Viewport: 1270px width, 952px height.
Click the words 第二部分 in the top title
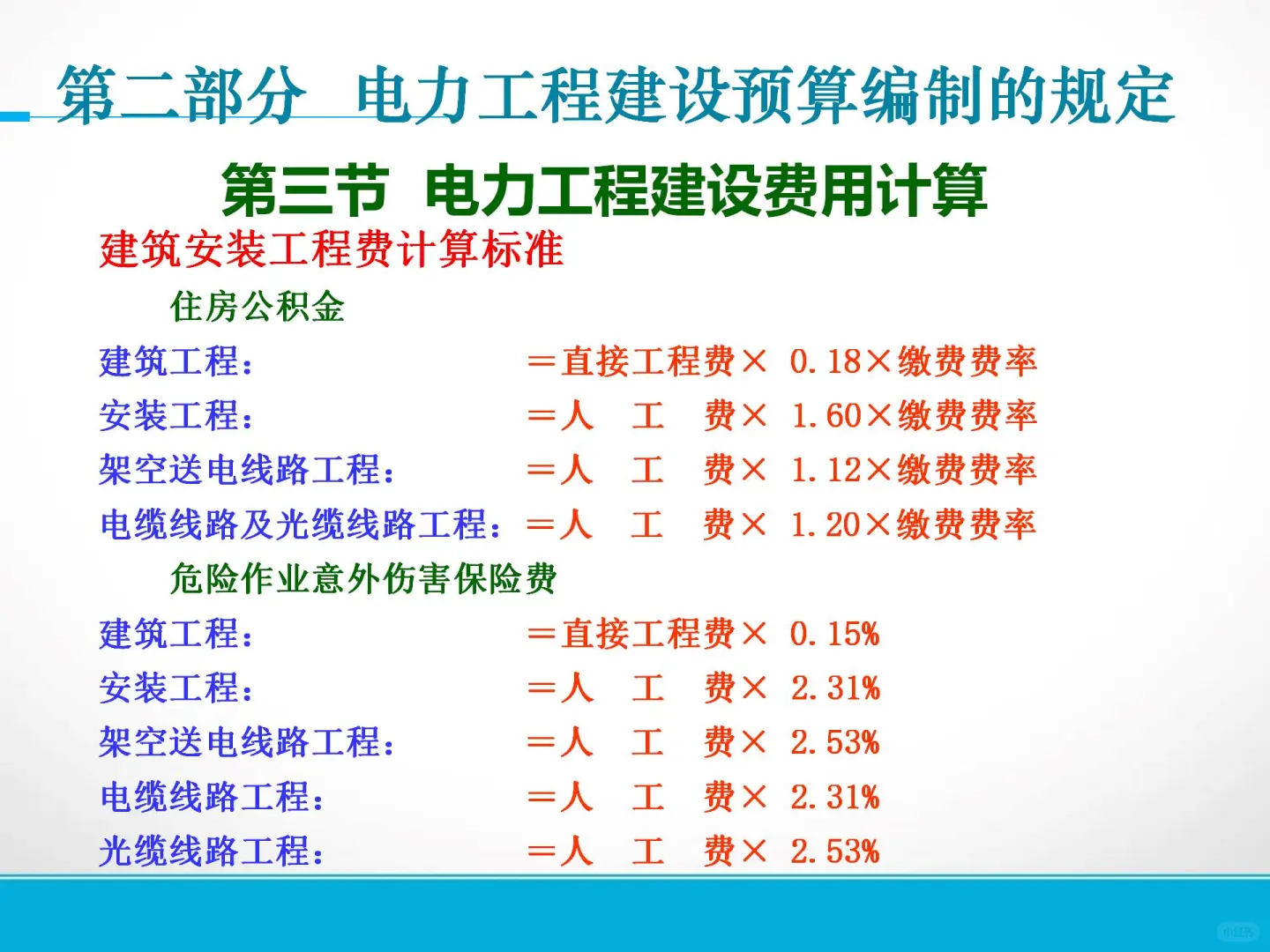tap(181, 95)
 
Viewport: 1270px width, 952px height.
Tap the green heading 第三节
tap(304, 190)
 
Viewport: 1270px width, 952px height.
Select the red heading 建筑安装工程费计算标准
tap(331, 249)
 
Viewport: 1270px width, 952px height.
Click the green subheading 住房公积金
tap(257, 307)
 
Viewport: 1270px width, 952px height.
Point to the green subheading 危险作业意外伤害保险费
tap(362, 579)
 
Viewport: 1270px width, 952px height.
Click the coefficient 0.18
tap(825, 361)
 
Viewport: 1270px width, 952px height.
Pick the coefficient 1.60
tap(825, 416)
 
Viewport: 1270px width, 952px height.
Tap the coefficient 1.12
tap(825, 471)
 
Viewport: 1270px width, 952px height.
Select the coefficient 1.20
tap(825, 525)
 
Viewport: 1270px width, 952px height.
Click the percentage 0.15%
tap(834, 634)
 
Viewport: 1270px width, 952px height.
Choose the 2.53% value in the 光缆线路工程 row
tap(834, 852)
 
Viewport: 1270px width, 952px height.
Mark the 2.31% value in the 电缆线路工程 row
tap(834, 798)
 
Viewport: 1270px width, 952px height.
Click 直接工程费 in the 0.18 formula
tap(648, 361)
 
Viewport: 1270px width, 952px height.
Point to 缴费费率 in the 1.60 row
tap(967, 416)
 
